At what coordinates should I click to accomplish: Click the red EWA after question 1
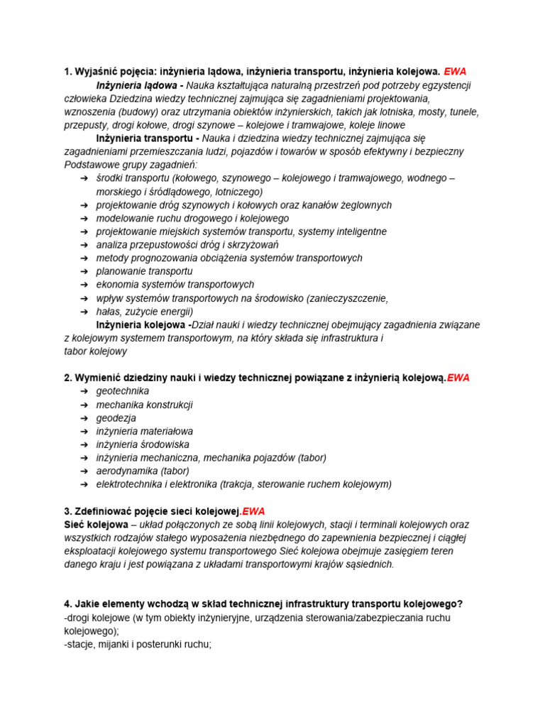pyautogui.click(x=455, y=72)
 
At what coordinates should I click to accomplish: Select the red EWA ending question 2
pyautogui.click(x=458, y=378)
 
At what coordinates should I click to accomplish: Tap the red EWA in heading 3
pyautogui.click(x=253, y=511)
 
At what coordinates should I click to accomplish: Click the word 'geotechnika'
pyautogui.click(x=123, y=391)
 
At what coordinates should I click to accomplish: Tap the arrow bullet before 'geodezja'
pyautogui.click(x=84, y=418)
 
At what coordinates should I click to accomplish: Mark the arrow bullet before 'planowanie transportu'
pyautogui.click(x=84, y=271)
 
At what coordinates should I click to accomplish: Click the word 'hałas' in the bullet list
pyautogui.click(x=109, y=311)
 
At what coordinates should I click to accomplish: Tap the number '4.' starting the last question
pyautogui.click(x=68, y=604)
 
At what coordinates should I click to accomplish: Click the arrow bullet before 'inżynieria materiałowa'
pyautogui.click(x=84, y=431)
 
